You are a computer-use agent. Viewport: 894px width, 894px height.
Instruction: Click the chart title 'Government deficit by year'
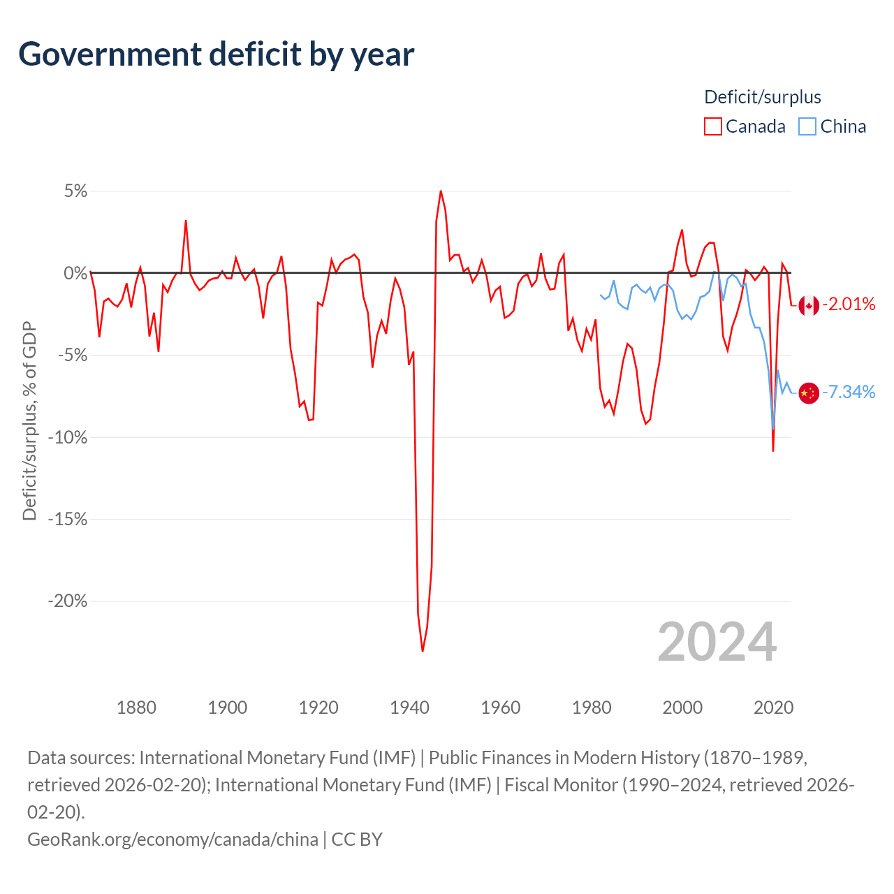pos(217,54)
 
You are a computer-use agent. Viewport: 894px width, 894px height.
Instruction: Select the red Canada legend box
pos(712,126)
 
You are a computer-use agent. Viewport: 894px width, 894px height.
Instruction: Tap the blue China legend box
pos(807,126)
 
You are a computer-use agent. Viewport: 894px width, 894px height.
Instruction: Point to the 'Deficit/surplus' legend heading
pos(762,97)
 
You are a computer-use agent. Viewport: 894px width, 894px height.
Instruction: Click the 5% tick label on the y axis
pos(75,191)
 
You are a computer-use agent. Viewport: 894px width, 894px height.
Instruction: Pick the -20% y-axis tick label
pos(68,601)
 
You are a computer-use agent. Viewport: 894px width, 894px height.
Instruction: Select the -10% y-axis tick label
pos(68,438)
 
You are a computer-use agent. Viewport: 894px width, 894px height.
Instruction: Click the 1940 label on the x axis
pos(409,708)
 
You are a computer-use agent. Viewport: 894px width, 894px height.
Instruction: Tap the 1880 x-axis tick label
pos(136,708)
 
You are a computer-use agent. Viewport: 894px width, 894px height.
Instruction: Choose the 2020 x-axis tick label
pos(773,708)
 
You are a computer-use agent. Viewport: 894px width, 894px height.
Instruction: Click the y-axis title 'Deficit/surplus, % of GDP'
pos(29,421)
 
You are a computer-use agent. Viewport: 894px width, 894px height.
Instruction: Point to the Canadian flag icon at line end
pos(809,305)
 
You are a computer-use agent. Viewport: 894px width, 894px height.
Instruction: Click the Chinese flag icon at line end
pos(809,393)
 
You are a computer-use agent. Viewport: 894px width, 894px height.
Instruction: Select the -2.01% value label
pos(849,305)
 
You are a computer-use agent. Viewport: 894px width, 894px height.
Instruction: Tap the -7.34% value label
pos(849,393)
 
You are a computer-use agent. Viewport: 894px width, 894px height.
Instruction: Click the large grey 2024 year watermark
pos(717,642)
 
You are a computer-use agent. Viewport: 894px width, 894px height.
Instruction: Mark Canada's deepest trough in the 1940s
pos(423,651)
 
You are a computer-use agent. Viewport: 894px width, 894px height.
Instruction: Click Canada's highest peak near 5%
pos(441,191)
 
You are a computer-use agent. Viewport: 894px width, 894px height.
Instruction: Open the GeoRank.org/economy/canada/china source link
pos(173,839)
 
